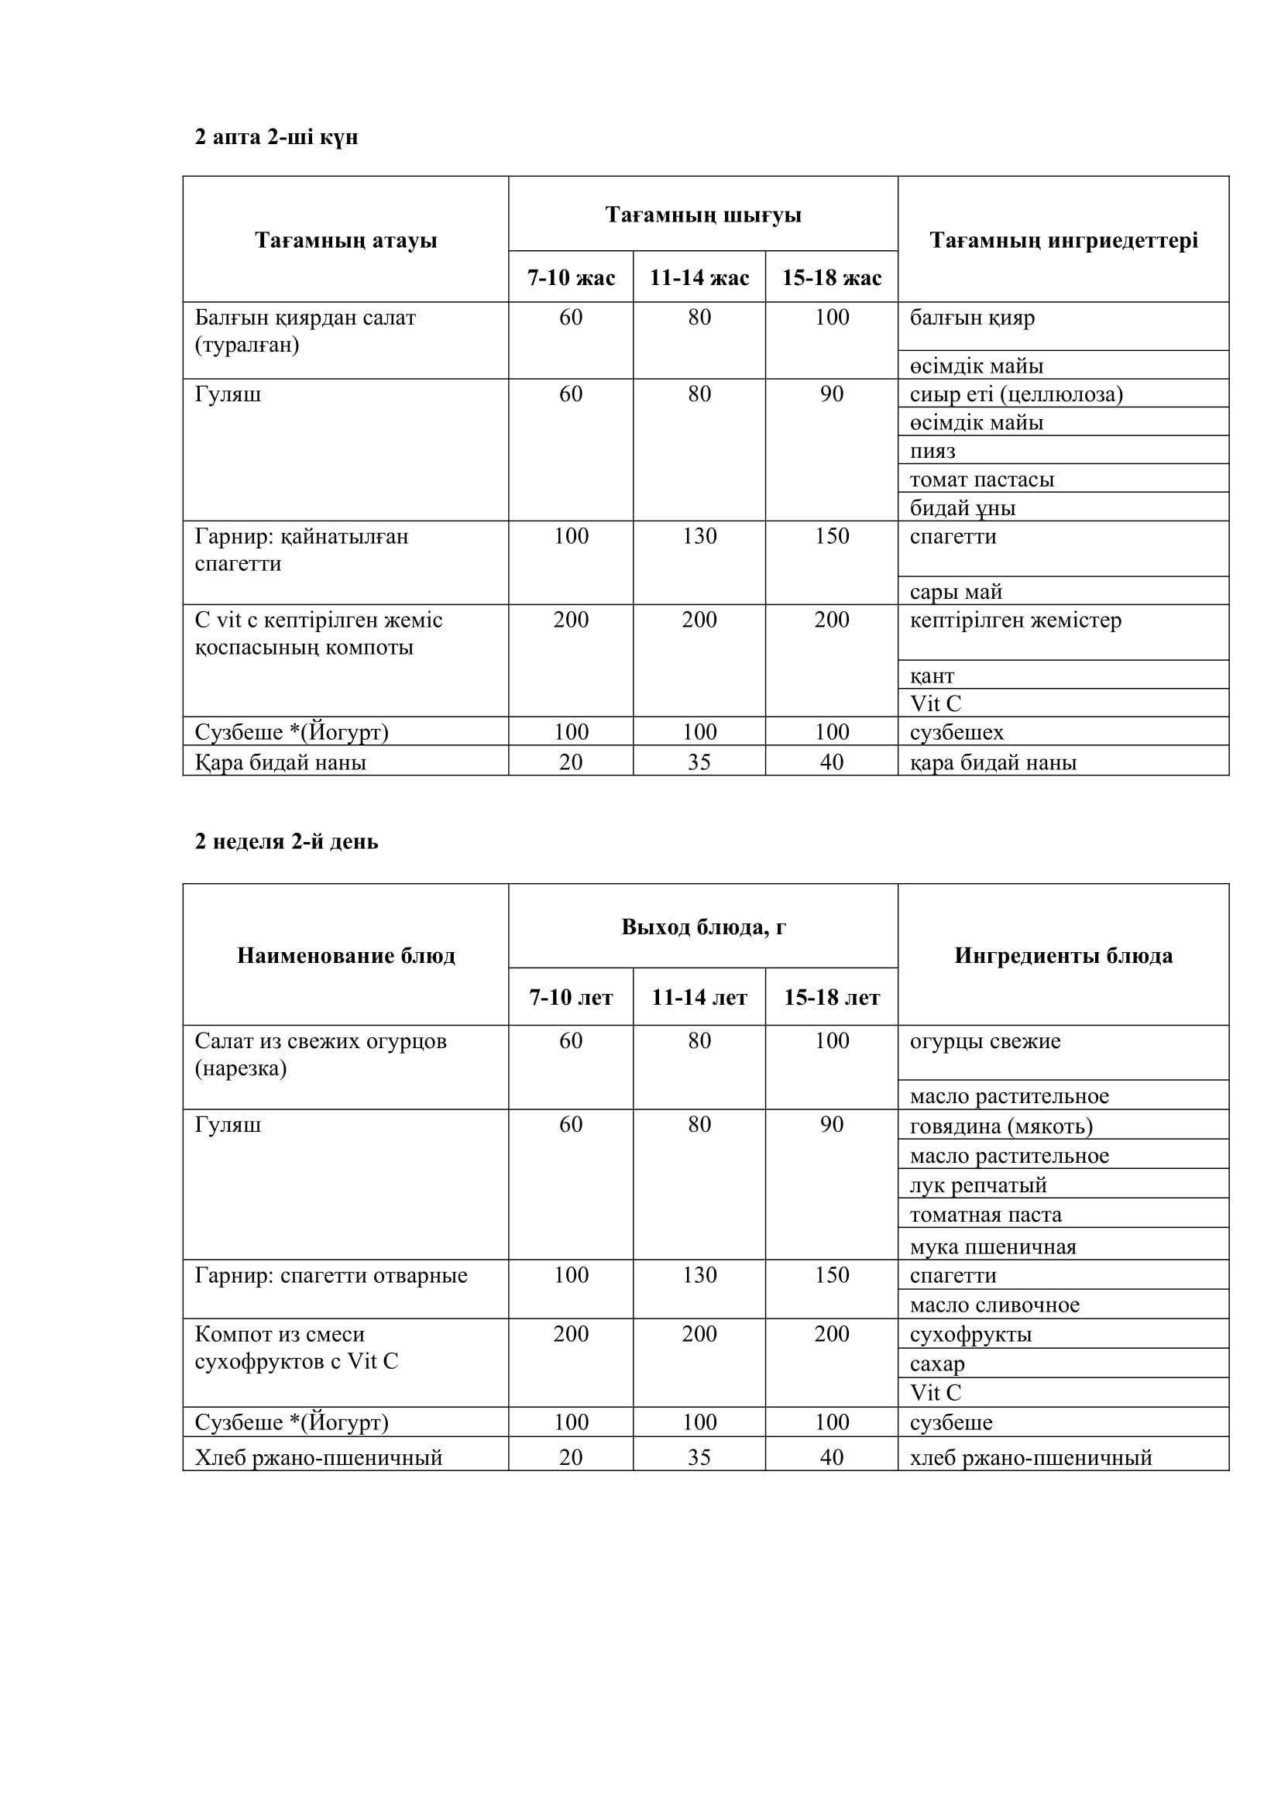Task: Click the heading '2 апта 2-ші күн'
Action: pyautogui.click(x=276, y=137)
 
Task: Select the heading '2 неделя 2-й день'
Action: pyautogui.click(x=287, y=842)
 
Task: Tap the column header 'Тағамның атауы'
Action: pyautogui.click(x=345, y=240)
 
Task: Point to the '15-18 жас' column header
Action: pyautogui.click(x=831, y=278)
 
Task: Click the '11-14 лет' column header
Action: pyautogui.click(x=699, y=998)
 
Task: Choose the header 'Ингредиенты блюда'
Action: pyautogui.click(x=1063, y=956)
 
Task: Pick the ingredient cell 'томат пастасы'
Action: pyautogui.click(x=981, y=480)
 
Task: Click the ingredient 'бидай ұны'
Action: pyautogui.click(x=963, y=508)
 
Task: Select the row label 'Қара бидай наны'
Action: pyautogui.click(x=280, y=762)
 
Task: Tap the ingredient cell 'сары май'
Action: pyautogui.click(x=955, y=592)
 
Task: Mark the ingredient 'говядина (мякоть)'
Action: pyautogui.click(x=1000, y=1126)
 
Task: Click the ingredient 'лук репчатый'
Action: pyautogui.click(x=978, y=1185)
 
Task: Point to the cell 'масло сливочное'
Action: pyautogui.click(x=994, y=1305)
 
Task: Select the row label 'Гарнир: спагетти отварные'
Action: pyautogui.click(x=331, y=1276)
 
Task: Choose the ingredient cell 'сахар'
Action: pyautogui.click(x=937, y=1364)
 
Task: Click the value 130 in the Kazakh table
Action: pyautogui.click(x=699, y=537)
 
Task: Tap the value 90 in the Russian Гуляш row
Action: pyautogui.click(x=831, y=1125)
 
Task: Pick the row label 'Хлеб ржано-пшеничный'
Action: pyautogui.click(x=318, y=1458)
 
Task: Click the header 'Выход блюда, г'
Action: pyautogui.click(x=702, y=927)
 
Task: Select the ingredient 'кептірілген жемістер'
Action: pyautogui.click(x=1015, y=621)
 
